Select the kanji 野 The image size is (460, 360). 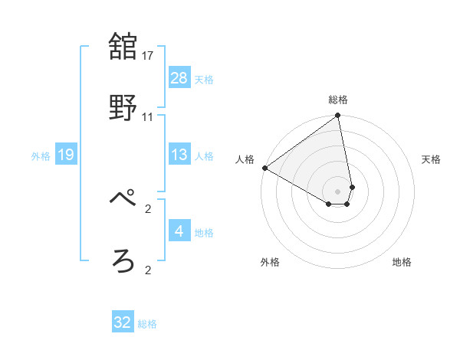coord(123,109)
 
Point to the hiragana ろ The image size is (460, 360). coord(123,261)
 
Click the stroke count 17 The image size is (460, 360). coord(148,56)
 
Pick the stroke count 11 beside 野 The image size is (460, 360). coord(148,117)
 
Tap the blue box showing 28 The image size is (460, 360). coord(179,77)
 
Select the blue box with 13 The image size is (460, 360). coord(179,155)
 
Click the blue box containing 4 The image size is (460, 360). coord(179,231)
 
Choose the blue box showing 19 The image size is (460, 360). coord(66,155)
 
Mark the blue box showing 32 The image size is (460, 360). coord(123,322)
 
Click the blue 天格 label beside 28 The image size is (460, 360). coord(203,79)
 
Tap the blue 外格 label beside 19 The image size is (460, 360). coord(41,156)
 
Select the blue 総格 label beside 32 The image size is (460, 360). coord(147,324)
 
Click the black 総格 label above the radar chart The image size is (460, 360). coord(338,100)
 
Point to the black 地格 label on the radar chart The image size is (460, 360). coord(402,262)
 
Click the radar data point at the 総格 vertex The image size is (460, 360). coord(338,116)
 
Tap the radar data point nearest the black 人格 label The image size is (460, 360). coord(264,168)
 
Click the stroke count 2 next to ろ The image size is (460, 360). coord(148,270)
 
